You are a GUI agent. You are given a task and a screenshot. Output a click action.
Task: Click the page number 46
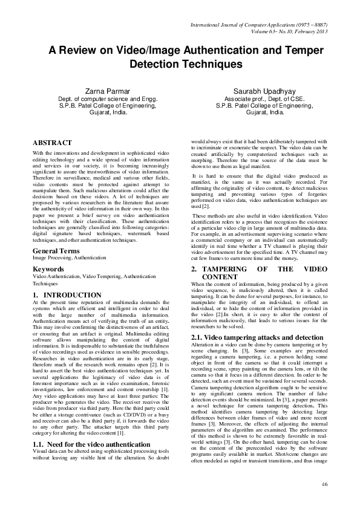click(324, 485)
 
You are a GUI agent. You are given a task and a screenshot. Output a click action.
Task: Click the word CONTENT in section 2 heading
click(224, 276)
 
